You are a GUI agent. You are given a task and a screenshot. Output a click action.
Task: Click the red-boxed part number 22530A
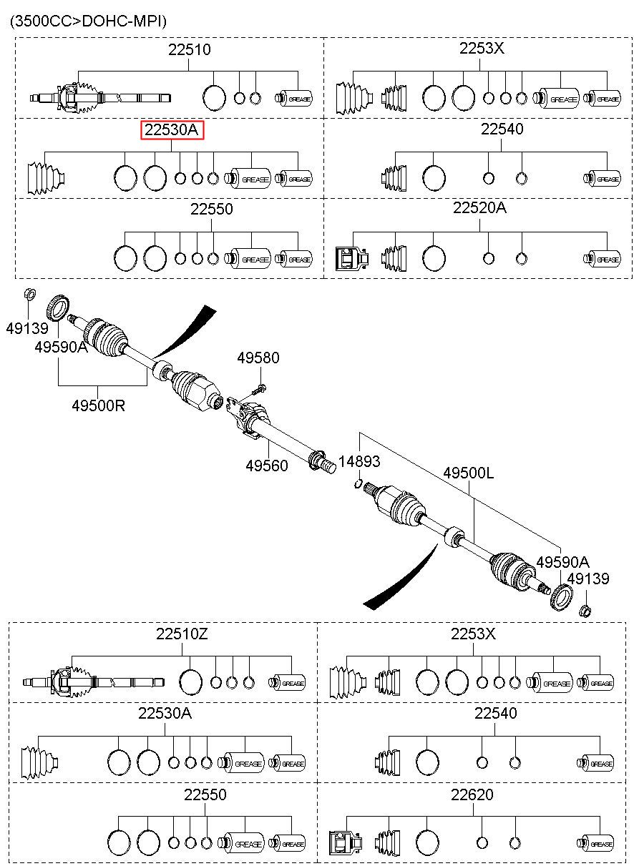pyautogui.click(x=171, y=130)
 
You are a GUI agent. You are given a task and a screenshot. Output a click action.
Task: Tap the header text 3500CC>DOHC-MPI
pyautogui.click(x=88, y=21)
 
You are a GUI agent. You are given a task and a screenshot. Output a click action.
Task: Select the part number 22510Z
pyautogui.click(x=182, y=634)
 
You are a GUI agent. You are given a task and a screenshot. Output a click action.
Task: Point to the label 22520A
pyautogui.click(x=479, y=208)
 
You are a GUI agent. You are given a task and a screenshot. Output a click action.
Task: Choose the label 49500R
pyautogui.click(x=98, y=405)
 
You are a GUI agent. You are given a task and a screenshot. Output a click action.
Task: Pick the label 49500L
pyautogui.click(x=468, y=473)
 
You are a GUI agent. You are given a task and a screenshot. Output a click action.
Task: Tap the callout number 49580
pyautogui.click(x=258, y=358)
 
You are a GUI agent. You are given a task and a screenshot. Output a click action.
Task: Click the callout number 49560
pyautogui.click(x=267, y=466)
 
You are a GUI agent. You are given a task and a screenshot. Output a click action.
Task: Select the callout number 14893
pyautogui.click(x=359, y=461)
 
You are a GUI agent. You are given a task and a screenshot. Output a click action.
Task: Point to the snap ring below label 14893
pyautogui.click(x=359, y=483)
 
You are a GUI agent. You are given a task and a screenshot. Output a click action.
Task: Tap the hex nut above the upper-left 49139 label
pyautogui.click(x=29, y=294)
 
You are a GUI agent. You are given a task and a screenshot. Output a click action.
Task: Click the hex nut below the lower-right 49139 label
pyautogui.click(x=585, y=611)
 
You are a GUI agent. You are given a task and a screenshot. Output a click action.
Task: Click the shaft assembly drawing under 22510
pyautogui.click(x=101, y=98)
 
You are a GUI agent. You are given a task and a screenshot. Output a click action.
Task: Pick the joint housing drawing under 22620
pyautogui.click(x=346, y=844)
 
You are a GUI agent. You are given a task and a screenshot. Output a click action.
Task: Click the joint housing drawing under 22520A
pyautogui.click(x=352, y=258)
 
